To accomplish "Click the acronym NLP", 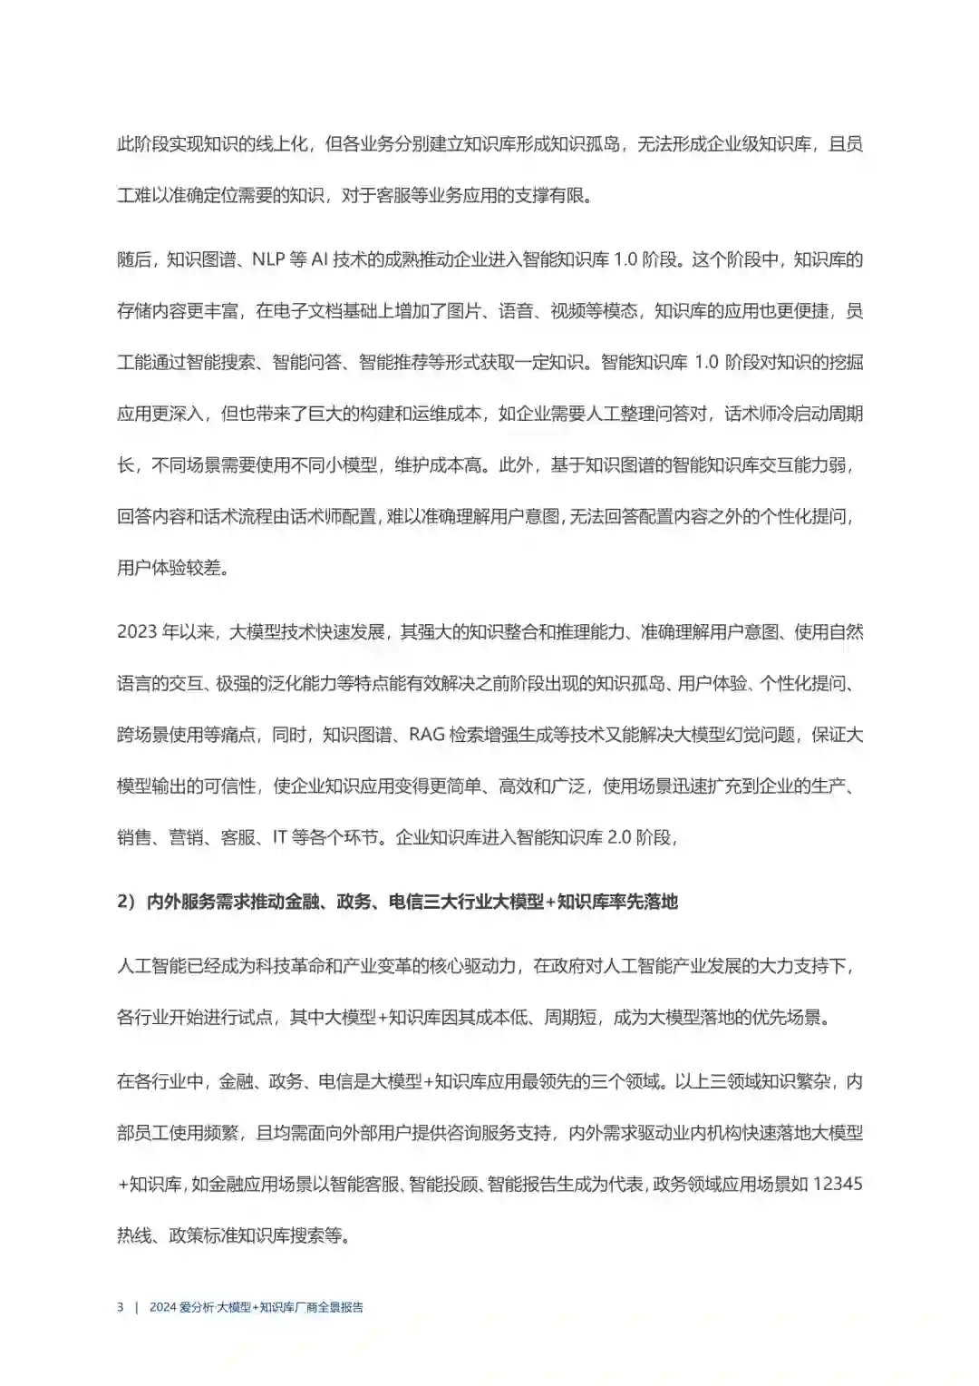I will tap(268, 260).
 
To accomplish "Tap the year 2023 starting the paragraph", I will tap(135, 632).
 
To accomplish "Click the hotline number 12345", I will tap(838, 1185).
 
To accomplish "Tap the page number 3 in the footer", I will tap(121, 1307).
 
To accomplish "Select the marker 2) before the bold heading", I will tap(125, 902).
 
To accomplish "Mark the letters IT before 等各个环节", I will tap(280, 837).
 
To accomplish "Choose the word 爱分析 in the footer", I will tap(197, 1307).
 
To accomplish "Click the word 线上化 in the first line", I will tap(287, 145).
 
